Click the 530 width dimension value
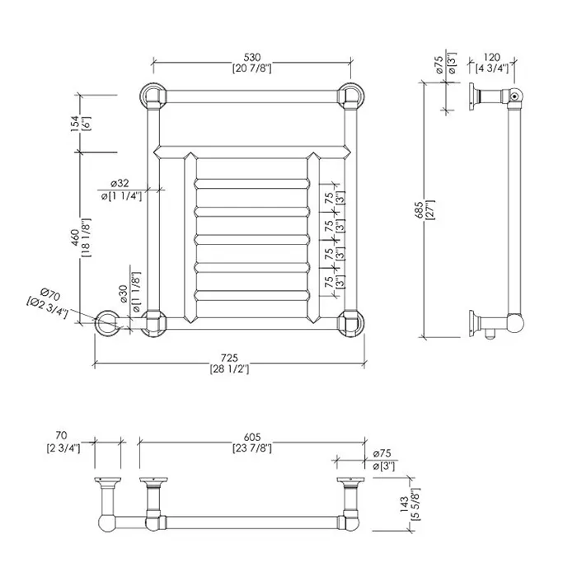[x=252, y=58]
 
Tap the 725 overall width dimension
[x=229, y=358]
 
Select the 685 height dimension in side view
[x=419, y=210]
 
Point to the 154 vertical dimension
[x=75, y=124]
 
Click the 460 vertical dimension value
[x=75, y=237]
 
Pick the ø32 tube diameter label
[x=120, y=183]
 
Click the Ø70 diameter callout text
[x=50, y=294]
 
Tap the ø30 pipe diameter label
[x=124, y=293]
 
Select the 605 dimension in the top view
[x=252, y=437]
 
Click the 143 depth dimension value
[x=404, y=504]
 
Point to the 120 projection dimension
[x=491, y=58]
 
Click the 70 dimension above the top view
[x=62, y=435]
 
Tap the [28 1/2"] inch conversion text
[x=229, y=368]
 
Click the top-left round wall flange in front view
[x=152, y=96]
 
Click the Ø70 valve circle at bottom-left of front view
[x=107, y=323]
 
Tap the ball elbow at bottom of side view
[x=515, y=323]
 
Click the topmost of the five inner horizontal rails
[x=252, y=184]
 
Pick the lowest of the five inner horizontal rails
[x=252, y=295]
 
